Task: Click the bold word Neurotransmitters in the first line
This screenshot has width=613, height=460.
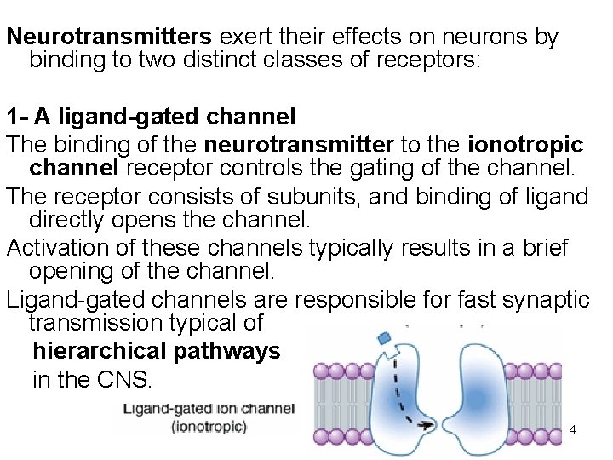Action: [109, 37]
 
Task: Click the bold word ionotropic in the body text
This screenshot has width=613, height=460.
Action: [525, 146]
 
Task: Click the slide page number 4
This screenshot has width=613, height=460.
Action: [572, 430]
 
